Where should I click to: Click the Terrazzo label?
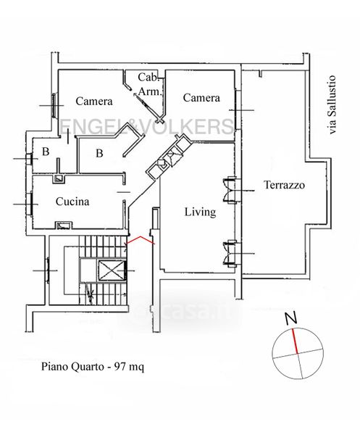click(284, 185)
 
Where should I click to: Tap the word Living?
click(201, 212)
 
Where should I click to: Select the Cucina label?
click(72, 202)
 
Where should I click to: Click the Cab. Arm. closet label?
click(150, 84)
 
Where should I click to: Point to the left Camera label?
click(94, 101)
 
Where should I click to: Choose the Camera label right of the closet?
click(201, 98)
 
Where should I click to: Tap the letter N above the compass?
click(291, 318)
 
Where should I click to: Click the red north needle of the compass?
click(295, 341)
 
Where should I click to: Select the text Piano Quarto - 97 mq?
click(93, 367)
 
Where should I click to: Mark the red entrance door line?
click(141, 240)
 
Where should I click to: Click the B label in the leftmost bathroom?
click(46, 152)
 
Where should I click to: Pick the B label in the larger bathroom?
click(99, 153)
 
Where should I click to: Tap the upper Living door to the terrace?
click(230, 190)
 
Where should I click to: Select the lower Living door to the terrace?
click(230, 254)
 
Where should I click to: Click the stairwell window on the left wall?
click(48, 270)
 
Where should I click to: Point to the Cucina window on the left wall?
click(30, 204)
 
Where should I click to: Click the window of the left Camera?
click(54, 105)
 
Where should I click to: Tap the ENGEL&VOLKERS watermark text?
click(146, 126)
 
